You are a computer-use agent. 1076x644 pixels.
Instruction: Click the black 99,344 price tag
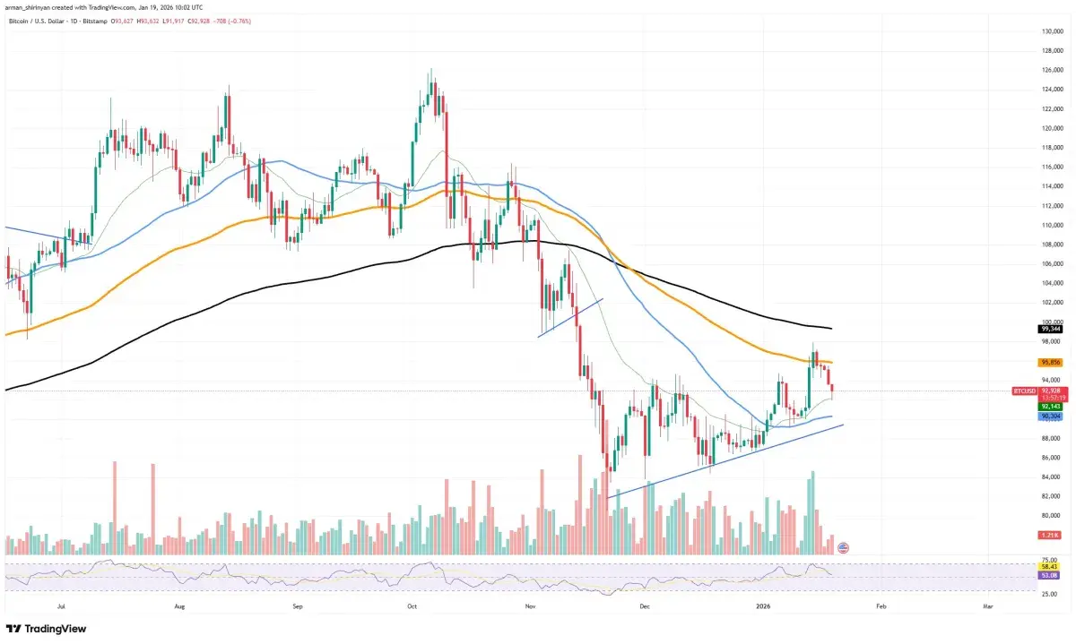1025,329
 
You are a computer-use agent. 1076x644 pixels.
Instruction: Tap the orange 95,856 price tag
1025,363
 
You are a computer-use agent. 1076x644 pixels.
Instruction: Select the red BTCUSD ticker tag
1024,391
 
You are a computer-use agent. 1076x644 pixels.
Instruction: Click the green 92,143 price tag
1025,406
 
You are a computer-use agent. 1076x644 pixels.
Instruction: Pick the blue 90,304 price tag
1025,416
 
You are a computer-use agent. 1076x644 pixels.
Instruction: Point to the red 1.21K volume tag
1025,536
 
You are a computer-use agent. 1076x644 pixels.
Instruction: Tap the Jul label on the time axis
62,606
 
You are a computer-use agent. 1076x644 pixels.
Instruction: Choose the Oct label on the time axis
412,606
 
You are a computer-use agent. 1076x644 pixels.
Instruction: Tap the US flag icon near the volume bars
843,546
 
